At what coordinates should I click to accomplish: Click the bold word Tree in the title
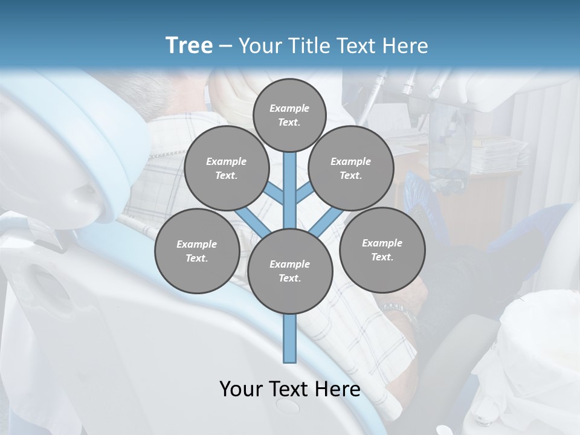point(189,45)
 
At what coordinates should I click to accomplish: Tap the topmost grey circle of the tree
point(289,115)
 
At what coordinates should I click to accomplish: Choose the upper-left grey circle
point(227,169)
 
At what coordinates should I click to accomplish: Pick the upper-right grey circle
point(351,169)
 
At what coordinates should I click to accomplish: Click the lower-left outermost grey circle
point(197,251)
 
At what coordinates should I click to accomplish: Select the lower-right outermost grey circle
point(382,250)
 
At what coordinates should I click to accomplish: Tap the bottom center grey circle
point(290,271)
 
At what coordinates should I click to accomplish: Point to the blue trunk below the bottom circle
point(290,338)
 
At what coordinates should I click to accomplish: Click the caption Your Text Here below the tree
point(290,388)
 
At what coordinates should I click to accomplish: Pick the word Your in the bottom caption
point(240,388)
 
